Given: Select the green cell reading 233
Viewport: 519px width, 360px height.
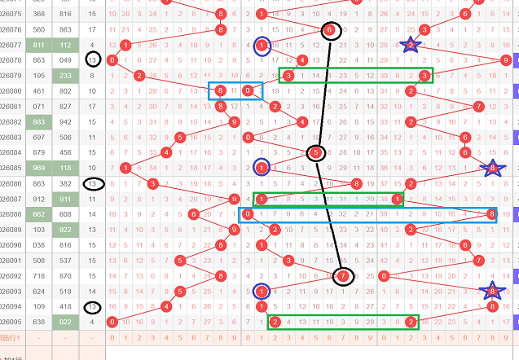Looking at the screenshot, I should point(66,75).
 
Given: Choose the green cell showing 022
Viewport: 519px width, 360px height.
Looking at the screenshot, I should point(66,322).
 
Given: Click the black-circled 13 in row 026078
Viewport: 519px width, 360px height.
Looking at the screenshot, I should point(93,60).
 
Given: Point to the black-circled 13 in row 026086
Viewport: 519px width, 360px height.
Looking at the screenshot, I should point(94,184).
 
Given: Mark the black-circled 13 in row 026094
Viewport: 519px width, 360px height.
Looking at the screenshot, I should point(93,307).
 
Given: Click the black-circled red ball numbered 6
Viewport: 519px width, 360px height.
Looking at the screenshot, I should point(329,30).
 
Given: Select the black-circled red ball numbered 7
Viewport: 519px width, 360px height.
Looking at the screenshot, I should point(344,276).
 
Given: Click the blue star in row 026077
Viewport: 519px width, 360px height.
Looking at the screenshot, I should point(411,45).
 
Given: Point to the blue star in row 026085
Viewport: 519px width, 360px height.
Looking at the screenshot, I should point(491,168).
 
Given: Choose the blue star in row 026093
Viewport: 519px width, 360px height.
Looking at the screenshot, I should point(491,291).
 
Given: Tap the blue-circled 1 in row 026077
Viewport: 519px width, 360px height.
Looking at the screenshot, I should point(262,45).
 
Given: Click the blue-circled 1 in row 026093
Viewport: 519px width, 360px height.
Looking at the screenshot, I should point(262,291).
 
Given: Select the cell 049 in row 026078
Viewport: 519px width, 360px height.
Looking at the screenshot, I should point(66,60).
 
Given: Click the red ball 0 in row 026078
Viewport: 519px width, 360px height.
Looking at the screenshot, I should point(112,60).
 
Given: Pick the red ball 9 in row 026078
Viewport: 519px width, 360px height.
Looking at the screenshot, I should point(506,60).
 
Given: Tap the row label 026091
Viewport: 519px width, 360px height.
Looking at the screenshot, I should point(11,261).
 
